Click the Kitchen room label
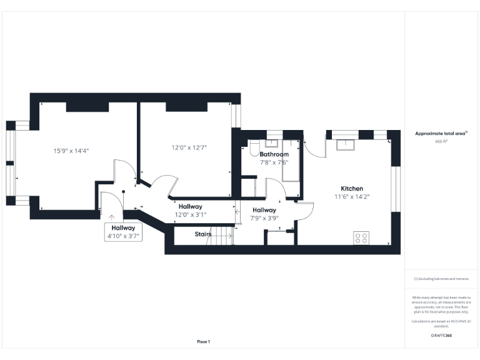point(351,188)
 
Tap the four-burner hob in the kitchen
point(361,237)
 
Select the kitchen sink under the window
point(344,145)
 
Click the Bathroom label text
point(274,154)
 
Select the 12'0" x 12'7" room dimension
point(189,147)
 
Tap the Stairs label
point(203,234)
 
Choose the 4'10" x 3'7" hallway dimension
point(123,236)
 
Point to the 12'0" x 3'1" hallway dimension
point(190,214)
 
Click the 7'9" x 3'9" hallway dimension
point(264,218)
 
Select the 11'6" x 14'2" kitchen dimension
point(351,196)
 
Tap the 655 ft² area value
point(441,142)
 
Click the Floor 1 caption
point(204,341)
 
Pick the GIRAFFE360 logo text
point(441,336)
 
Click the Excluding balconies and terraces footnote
point(441,279)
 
